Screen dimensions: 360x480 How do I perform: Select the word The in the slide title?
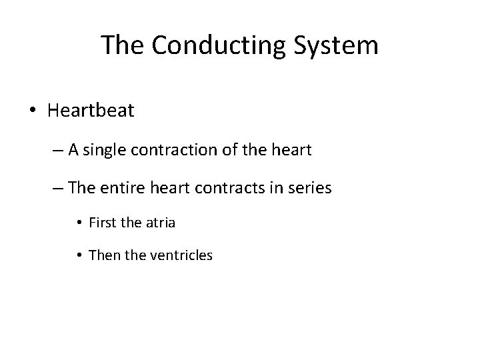[123, 45]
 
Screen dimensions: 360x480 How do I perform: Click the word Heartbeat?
[91, 110]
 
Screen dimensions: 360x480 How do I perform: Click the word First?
[102, 223]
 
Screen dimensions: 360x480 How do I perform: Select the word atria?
[160, 223]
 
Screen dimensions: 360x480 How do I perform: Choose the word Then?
[103, 254]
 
